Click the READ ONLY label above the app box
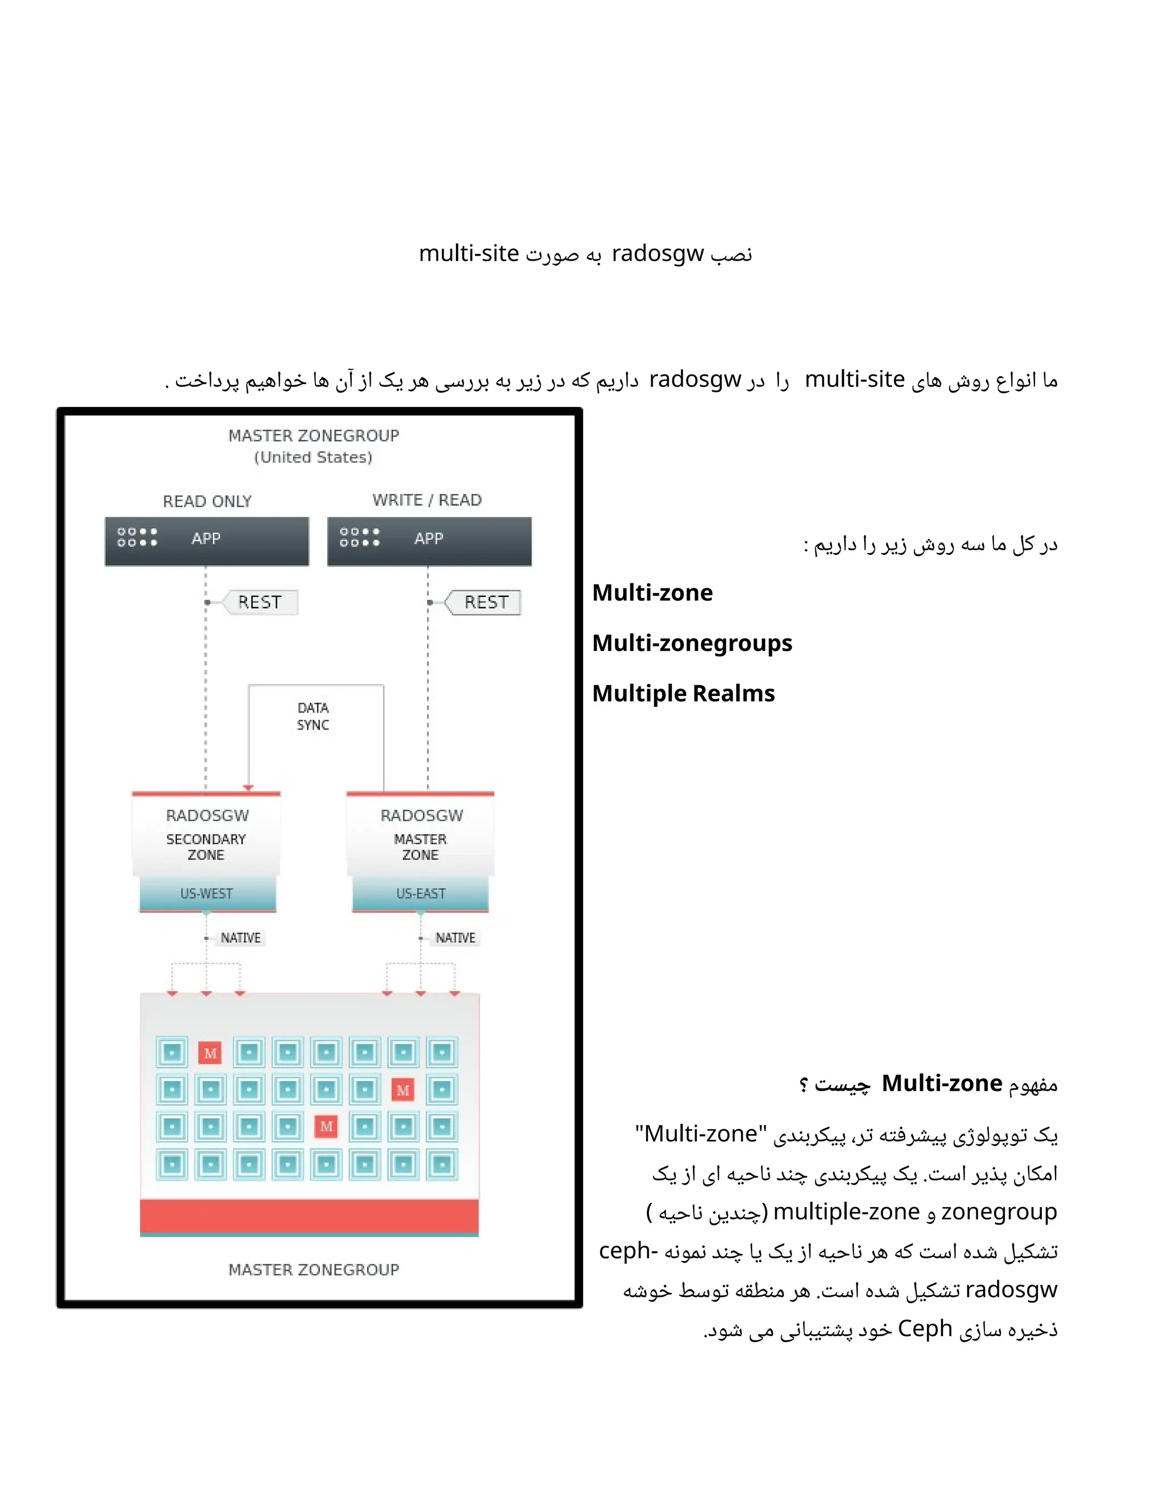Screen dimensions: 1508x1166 (207, 501)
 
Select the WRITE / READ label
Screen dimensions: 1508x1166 (427, 500)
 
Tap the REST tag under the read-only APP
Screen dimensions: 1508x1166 (260, 602)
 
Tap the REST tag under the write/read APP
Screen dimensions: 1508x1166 (486, 602)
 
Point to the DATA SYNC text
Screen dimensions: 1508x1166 (313, 716)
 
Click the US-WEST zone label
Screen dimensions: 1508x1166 (207, 893)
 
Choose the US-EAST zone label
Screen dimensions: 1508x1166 (421, 893)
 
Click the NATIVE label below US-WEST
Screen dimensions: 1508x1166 (240, 938)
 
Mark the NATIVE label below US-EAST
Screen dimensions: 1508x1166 (455, 938)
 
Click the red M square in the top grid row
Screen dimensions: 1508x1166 (210, 1053)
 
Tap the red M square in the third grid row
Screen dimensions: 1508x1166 (326, 1126)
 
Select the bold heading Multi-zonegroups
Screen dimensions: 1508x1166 (692, 643)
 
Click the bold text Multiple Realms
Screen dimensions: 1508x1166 (683, 693)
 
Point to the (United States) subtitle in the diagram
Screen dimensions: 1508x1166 (313, 457)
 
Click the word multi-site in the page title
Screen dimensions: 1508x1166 (469, 253)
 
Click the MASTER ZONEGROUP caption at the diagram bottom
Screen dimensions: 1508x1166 (314, 1270)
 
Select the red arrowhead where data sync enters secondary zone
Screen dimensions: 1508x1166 (249, 787)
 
